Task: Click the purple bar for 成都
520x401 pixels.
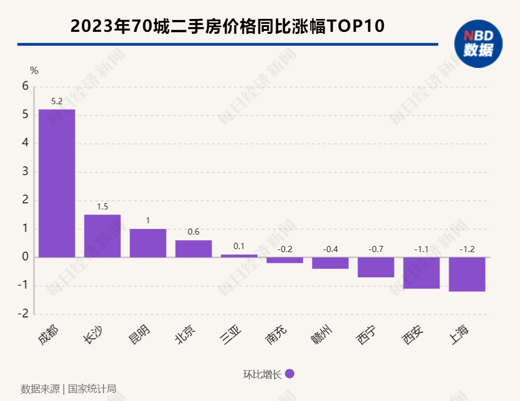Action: pos(57,183)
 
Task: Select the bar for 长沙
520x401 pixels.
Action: pos(102,236)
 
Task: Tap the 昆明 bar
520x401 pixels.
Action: pos(148,243)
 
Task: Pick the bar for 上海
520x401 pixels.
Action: pos(467,274)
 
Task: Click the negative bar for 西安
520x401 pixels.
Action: pos(421,273)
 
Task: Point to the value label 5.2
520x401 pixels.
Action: pos(57,102)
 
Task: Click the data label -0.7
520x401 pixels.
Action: pos(376,250)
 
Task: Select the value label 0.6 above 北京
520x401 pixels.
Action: pos(194,232)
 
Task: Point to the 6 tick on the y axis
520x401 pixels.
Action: pos(25,87)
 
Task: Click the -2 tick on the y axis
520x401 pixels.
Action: pos(23,314)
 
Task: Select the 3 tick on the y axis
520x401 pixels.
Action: pos(25,172)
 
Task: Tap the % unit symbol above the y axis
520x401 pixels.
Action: pos(34,70)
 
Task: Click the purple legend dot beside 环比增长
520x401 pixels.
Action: pos(289,374)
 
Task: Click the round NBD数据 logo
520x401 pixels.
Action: pos(478,44)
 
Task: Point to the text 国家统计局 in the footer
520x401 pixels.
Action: pos(92,389)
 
